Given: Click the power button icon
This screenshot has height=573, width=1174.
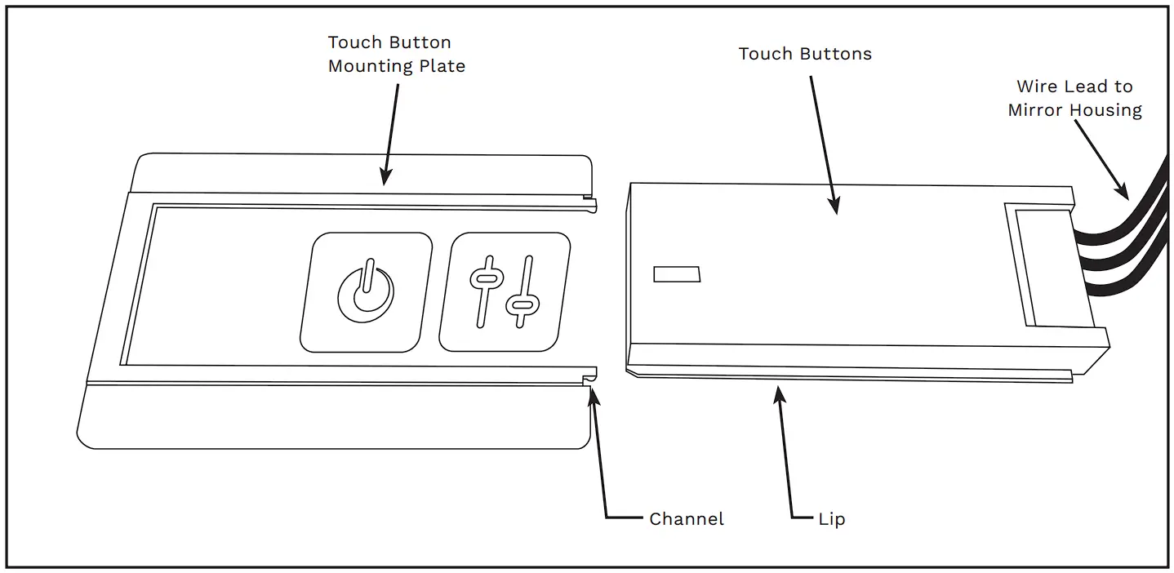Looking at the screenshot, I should [366, 291].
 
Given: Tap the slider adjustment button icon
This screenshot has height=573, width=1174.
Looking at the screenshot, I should [504, 291].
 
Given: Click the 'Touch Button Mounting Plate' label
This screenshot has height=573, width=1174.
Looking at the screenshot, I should [396, 54].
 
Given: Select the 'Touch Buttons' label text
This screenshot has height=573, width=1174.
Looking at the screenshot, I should [804, 54].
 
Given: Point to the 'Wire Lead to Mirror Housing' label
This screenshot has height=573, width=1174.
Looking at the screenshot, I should [1074, 98].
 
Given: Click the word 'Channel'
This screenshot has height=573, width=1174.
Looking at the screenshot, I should [686, 519].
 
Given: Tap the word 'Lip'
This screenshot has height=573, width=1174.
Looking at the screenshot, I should [831, 519].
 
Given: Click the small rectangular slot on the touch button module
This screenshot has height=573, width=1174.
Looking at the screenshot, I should [677, 274].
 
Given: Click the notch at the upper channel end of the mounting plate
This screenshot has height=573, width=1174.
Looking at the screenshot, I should [589, 198].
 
